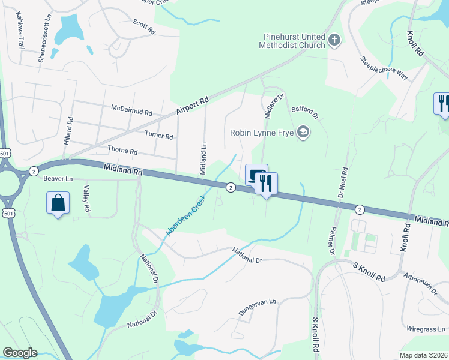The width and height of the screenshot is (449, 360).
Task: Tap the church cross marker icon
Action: point(335,41)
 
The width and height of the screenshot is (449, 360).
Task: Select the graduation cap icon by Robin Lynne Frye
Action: point(304,133)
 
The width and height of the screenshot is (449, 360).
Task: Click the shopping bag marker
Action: point(58,203)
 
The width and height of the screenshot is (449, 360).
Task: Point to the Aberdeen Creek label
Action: point(187,214)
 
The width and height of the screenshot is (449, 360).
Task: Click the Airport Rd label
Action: point(192,107)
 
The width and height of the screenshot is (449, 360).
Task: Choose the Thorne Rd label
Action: point(122,150)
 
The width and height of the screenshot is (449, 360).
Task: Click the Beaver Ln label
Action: point(58,178)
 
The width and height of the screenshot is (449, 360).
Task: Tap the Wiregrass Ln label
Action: point(426,329)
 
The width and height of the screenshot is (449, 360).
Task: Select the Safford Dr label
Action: point(304,109)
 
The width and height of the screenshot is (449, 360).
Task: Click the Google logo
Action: point(19,353)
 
